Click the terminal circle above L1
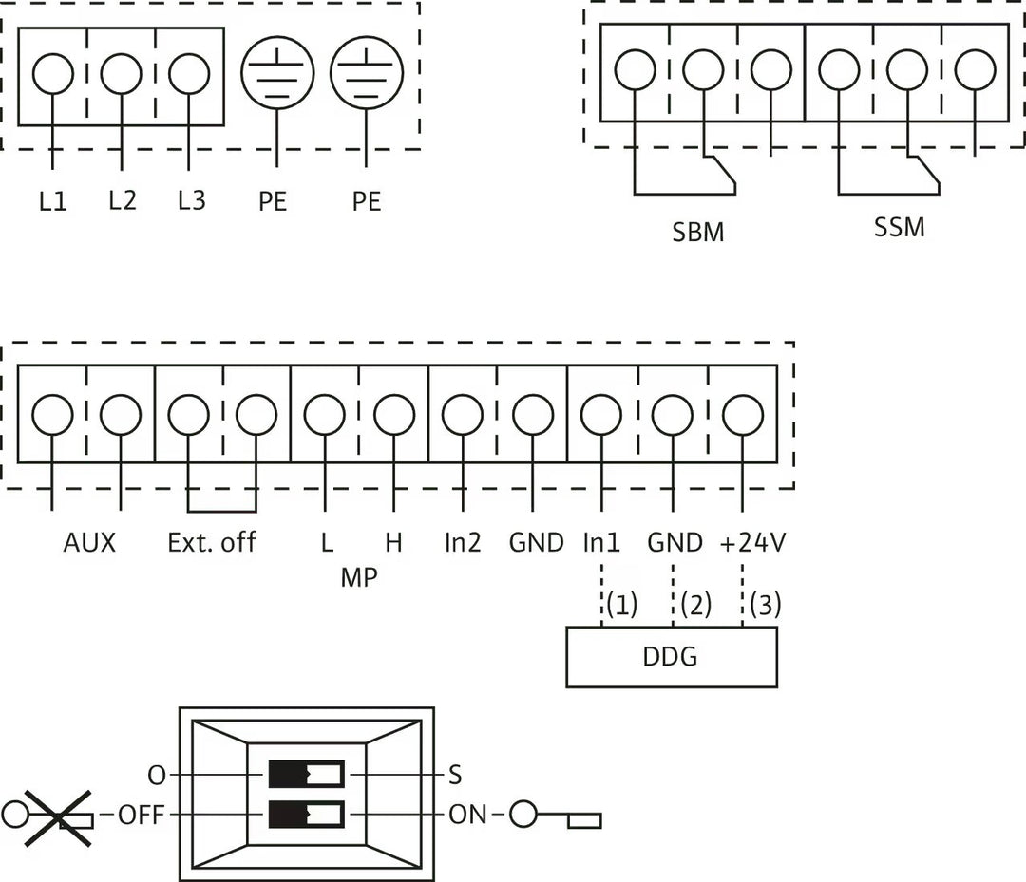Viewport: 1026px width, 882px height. click(52, 74)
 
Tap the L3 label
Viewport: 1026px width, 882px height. click(191, 201)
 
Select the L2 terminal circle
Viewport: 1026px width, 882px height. click(121, 74)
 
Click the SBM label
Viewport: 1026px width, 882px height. click(698, 232)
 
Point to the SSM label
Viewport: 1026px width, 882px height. click(899, 228)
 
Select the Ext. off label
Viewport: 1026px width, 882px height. click(211, 543)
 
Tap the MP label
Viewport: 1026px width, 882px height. click(358, 577)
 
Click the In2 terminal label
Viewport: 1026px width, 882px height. click(463, 543)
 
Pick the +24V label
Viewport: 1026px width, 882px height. click(751, 543)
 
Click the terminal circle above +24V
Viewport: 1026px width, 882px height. click(742, 415)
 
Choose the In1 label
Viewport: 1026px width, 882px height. click(601, 543)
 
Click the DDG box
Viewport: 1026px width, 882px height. click(671, 656)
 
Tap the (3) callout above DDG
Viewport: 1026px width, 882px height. click(765, 606)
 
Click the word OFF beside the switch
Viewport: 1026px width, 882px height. click(142, 815)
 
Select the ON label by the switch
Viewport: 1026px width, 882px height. click(467, 815)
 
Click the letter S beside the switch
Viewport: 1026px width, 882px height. click(455, 776)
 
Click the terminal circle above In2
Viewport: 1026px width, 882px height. click(463, 415)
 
